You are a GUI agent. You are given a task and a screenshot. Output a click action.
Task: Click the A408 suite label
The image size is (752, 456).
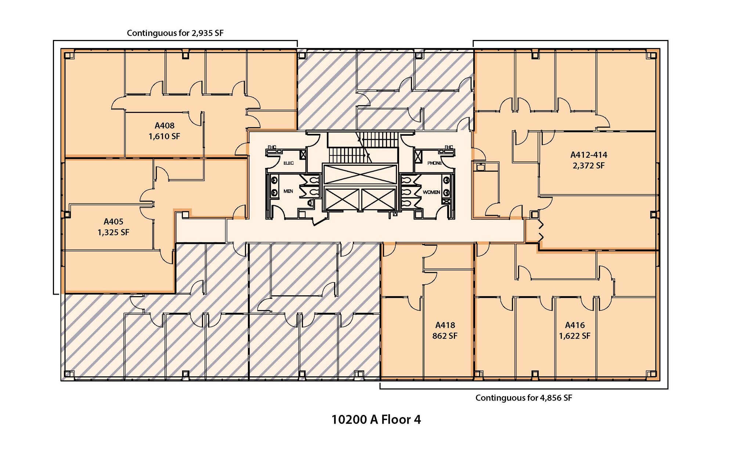coord(164,126)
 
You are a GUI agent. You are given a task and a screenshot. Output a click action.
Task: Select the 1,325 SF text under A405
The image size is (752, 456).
coord(113,233)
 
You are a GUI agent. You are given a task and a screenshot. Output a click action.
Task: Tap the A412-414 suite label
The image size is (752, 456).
coord(588,155)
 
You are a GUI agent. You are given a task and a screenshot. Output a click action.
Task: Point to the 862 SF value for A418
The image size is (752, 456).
coord(445,336)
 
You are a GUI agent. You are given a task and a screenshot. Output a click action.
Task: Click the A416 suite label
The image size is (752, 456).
coord(575,325)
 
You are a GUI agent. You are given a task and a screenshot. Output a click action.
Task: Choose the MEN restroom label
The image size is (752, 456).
coord(288,191)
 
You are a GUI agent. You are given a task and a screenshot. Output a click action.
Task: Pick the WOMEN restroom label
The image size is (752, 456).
coord(431,192)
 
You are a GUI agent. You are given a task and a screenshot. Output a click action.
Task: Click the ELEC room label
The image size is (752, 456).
coord(289,163)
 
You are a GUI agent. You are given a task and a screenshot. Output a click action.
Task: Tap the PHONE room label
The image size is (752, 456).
coord(434,163)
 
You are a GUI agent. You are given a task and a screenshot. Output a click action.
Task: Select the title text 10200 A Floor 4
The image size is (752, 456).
coord(376,419)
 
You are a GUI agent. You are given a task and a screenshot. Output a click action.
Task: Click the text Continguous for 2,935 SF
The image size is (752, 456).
coord(175,33)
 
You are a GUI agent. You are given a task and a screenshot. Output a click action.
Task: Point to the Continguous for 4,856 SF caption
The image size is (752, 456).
coord(524,398)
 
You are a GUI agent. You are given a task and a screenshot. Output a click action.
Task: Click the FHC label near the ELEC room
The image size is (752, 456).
coord(272,147)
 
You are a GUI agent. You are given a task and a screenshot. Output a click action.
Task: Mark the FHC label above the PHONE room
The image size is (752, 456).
coord(449,147)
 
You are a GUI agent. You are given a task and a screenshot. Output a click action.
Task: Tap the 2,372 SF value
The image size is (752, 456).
coord(588,166)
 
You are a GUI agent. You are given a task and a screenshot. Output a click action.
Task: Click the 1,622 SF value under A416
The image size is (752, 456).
coord(575,336)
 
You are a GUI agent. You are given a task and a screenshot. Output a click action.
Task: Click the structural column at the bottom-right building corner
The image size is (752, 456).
coord(652,374)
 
